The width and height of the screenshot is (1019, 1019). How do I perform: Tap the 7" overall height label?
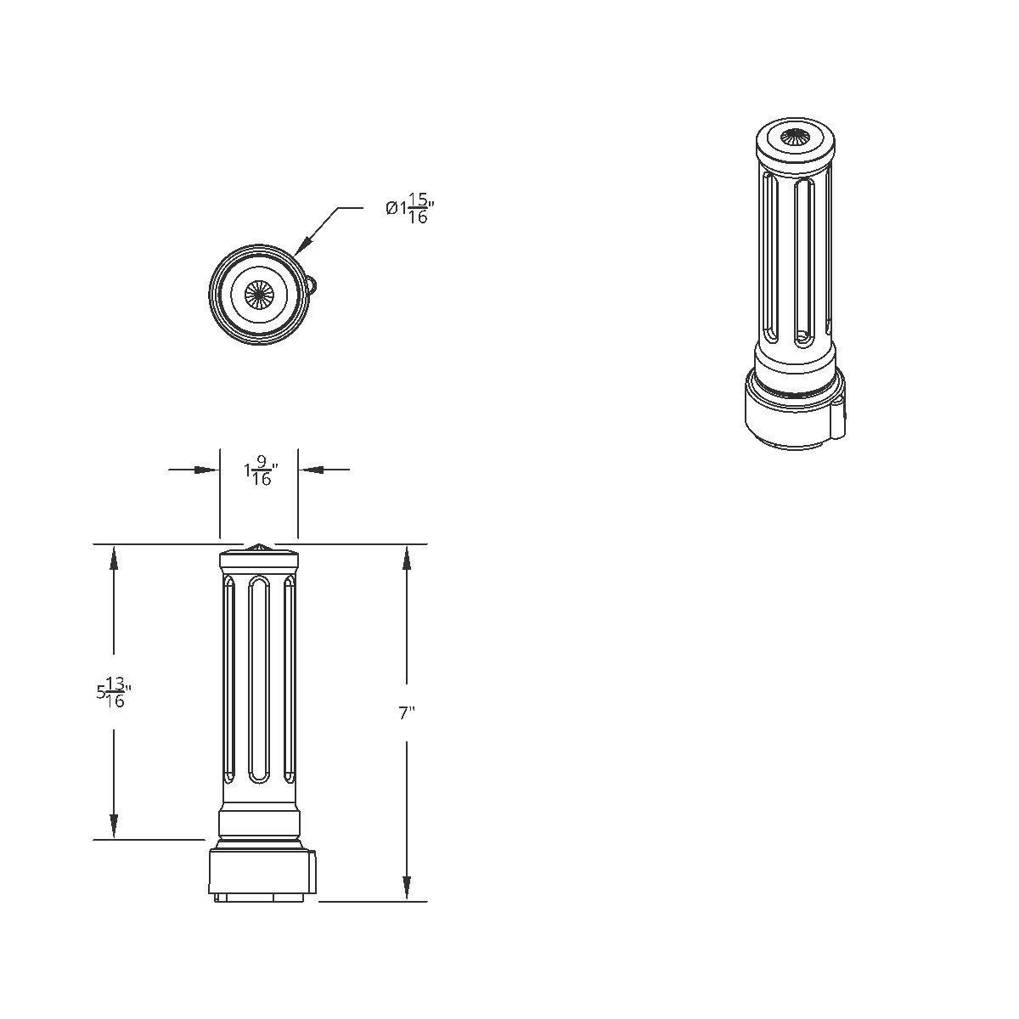point(406,713)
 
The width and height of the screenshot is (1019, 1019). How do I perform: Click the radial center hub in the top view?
point(257,294)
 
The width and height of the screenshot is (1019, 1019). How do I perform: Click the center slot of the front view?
point(259,679)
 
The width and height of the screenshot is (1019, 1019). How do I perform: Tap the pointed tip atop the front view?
point(258,546)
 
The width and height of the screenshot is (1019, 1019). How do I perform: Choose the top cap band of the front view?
point(259,560)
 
